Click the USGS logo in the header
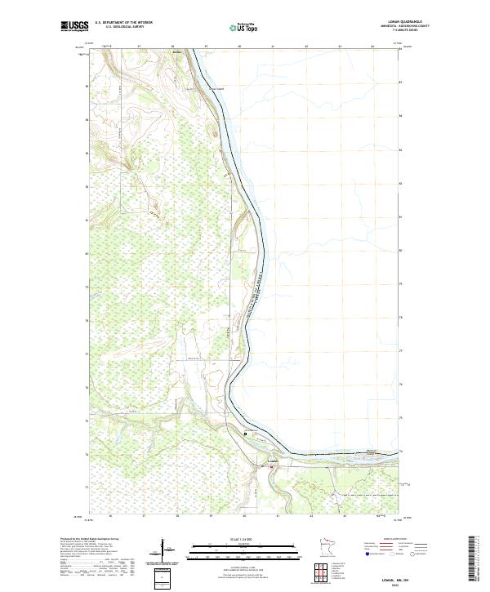pos(75,26)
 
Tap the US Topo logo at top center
pos(245,27)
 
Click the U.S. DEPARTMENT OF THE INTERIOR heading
pos(123,23)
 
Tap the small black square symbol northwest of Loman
pos(246,434)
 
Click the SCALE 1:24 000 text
pos(244,539)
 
